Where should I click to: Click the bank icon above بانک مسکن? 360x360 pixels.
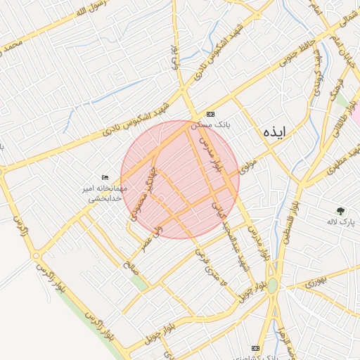210,114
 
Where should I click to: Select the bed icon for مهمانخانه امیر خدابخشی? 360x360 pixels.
105,177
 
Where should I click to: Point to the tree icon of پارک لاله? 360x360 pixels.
341,210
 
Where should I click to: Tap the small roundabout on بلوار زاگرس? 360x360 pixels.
35,256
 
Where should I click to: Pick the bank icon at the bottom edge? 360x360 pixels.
255,348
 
